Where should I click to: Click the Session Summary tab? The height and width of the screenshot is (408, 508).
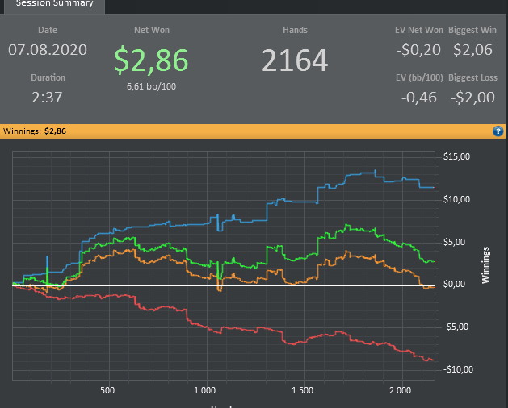(x=54, y=4)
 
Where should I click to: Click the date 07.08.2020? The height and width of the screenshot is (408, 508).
(x=48, y=50)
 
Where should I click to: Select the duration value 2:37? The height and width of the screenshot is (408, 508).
(x=48, y=98)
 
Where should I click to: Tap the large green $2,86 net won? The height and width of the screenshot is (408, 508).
(x=151, y=60)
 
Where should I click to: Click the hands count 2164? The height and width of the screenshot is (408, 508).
(x=295, y=60)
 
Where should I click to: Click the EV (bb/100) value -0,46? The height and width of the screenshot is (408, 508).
(x=421, y=98)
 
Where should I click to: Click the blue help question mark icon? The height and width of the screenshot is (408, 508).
(x=498, y=131)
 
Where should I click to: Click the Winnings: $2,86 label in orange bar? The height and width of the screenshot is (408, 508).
(x=33, y=131)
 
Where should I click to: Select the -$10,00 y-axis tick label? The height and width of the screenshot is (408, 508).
(x=457, y=369)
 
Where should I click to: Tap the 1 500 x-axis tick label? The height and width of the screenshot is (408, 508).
(x=303, y=391)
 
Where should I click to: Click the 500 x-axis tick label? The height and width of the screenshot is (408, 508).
(x=107, y=391)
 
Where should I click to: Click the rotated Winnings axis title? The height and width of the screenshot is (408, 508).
(x=485, y=264)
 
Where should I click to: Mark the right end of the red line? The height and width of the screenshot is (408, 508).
(x=435, y=360)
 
